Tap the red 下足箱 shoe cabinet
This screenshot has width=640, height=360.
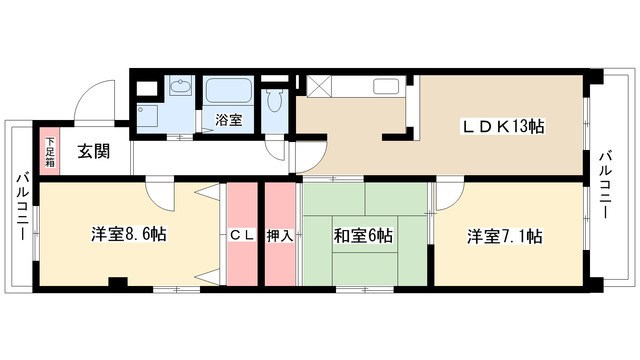(49, 149)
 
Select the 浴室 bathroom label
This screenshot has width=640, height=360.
(228, 121)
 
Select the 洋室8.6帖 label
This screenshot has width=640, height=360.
(129, 235)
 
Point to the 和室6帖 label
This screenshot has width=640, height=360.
(363, 236)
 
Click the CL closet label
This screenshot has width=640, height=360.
(241, 236)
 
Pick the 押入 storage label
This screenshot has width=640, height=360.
(280, 236)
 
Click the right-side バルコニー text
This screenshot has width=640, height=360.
(606, 186)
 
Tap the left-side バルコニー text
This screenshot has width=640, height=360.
(20, 206)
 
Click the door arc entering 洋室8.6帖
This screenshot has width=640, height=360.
(159, 191)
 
